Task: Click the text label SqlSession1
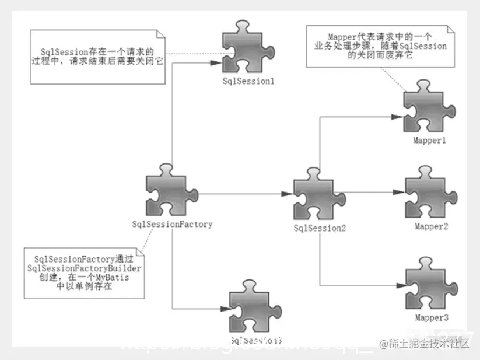pos(248,81)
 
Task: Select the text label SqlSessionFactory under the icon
pos(172,224)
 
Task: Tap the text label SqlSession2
pos(320,228)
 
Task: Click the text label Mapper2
pos(432,226)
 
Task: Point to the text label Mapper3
pos(432,318)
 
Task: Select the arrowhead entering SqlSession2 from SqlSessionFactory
pos(289,193)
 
